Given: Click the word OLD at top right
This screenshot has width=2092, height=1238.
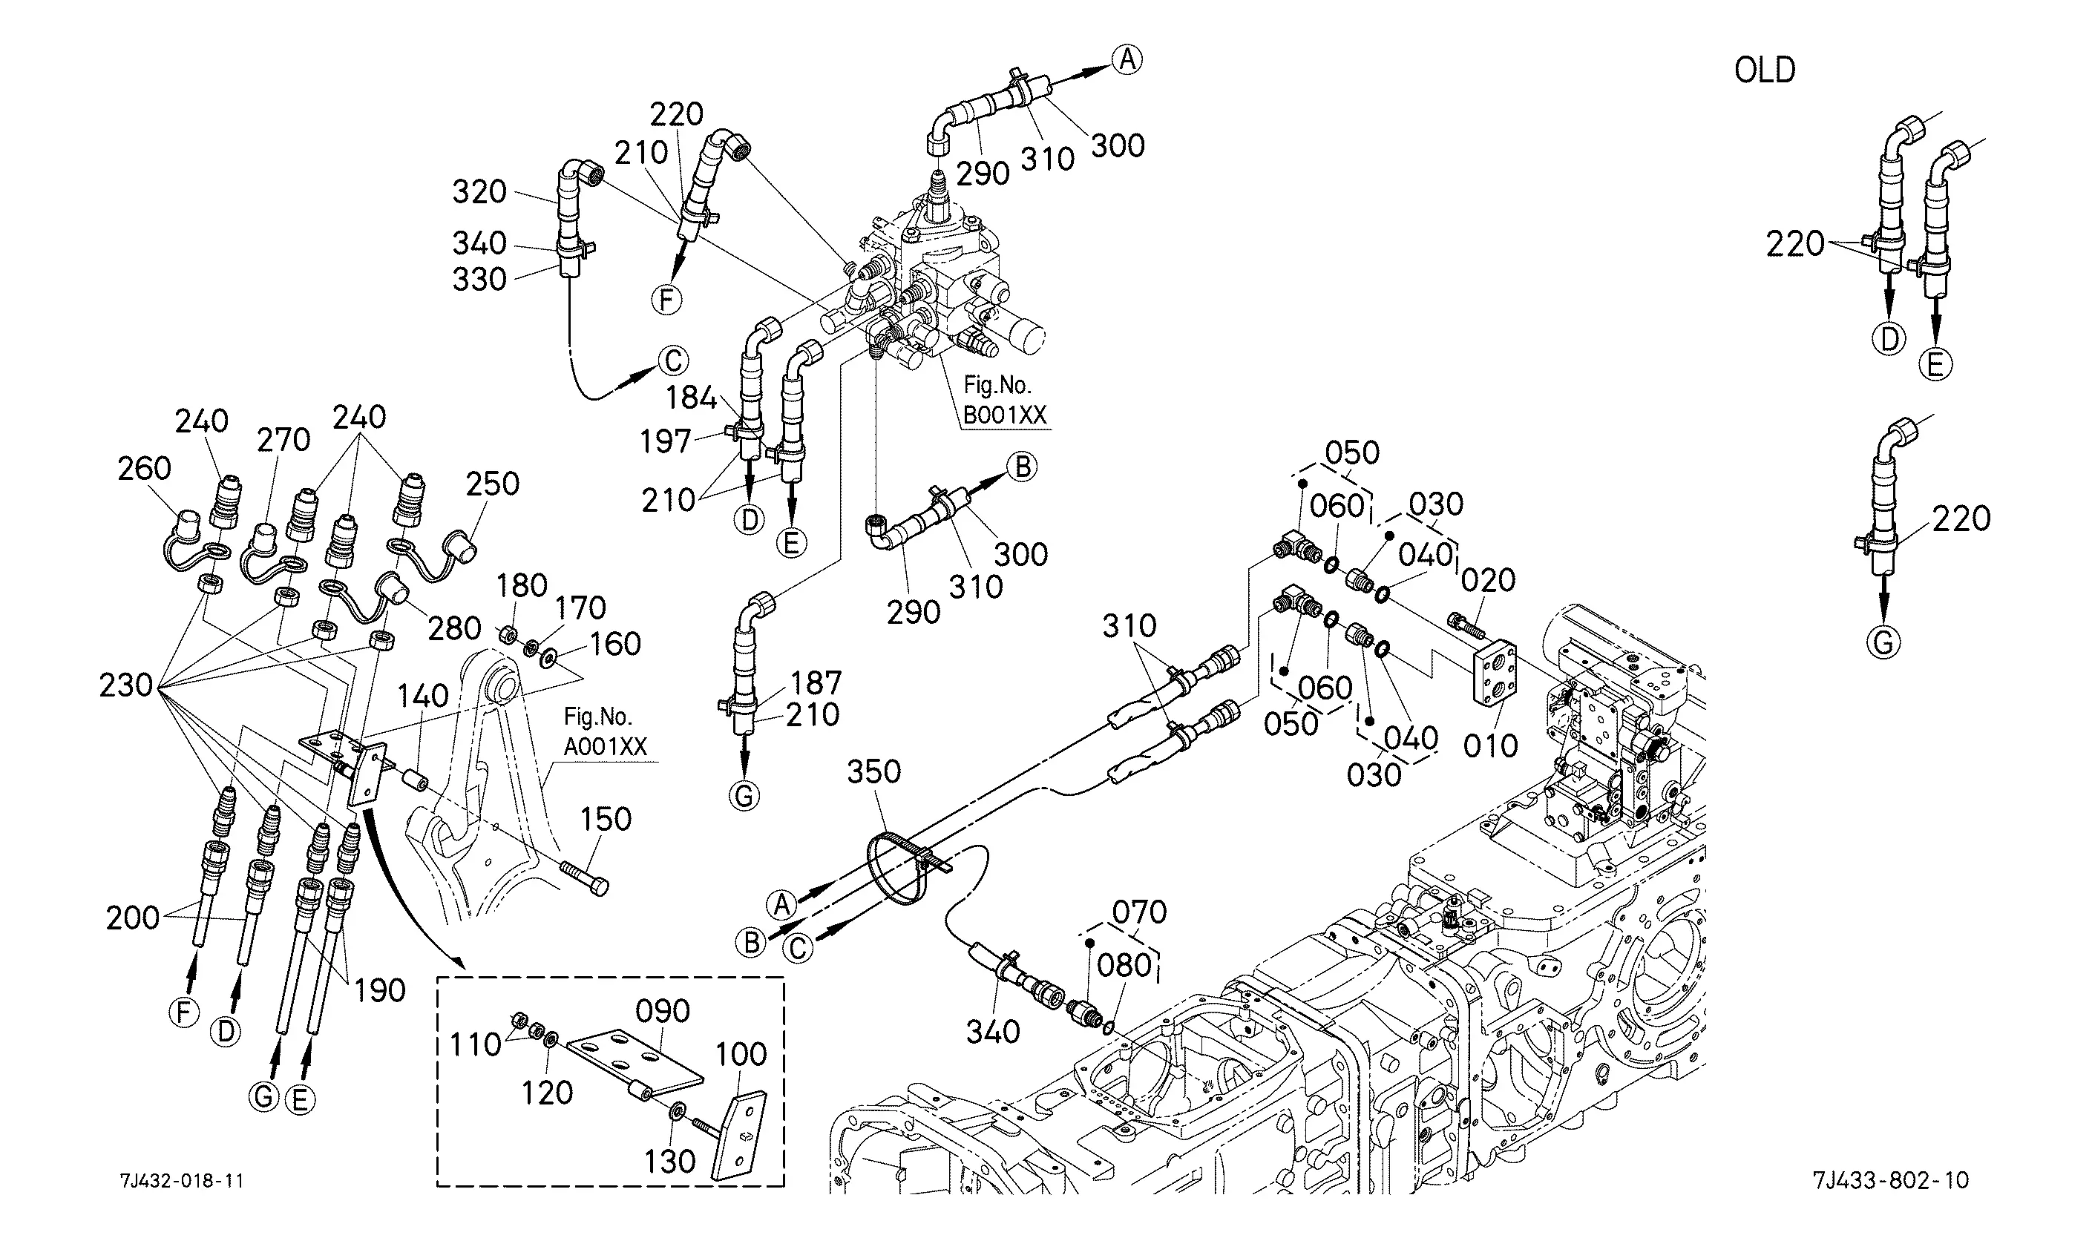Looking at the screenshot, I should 1764,71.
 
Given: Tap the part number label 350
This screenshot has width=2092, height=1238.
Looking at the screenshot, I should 873,771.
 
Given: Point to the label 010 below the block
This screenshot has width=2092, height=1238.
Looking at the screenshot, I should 1490,745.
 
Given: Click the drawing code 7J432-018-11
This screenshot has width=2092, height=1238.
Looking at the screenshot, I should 182,1180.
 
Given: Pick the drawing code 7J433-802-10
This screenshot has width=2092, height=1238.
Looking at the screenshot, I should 1890,1180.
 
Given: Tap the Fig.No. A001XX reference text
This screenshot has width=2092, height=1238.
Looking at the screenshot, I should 605,731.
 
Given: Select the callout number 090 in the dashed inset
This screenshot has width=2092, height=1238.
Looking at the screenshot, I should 663,1011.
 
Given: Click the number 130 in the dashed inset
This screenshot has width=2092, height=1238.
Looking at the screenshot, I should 670,1162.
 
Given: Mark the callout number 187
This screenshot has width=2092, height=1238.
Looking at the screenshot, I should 816,683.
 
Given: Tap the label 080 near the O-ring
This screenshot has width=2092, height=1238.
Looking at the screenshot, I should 1124,966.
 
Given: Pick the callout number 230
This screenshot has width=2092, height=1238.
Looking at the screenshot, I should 126,685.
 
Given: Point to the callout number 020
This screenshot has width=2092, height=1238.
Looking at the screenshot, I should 1489,581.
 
